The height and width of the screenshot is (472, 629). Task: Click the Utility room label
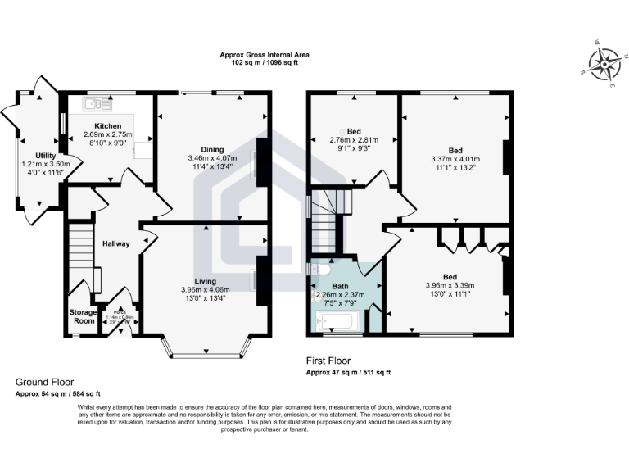[46, 156]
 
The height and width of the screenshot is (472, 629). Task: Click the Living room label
[208, 281]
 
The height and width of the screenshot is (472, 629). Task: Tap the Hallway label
[116, 243]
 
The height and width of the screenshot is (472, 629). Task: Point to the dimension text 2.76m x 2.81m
[354, 139]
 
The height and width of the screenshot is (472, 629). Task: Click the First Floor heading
[331, 361]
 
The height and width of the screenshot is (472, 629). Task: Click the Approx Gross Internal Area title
[265, 55]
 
